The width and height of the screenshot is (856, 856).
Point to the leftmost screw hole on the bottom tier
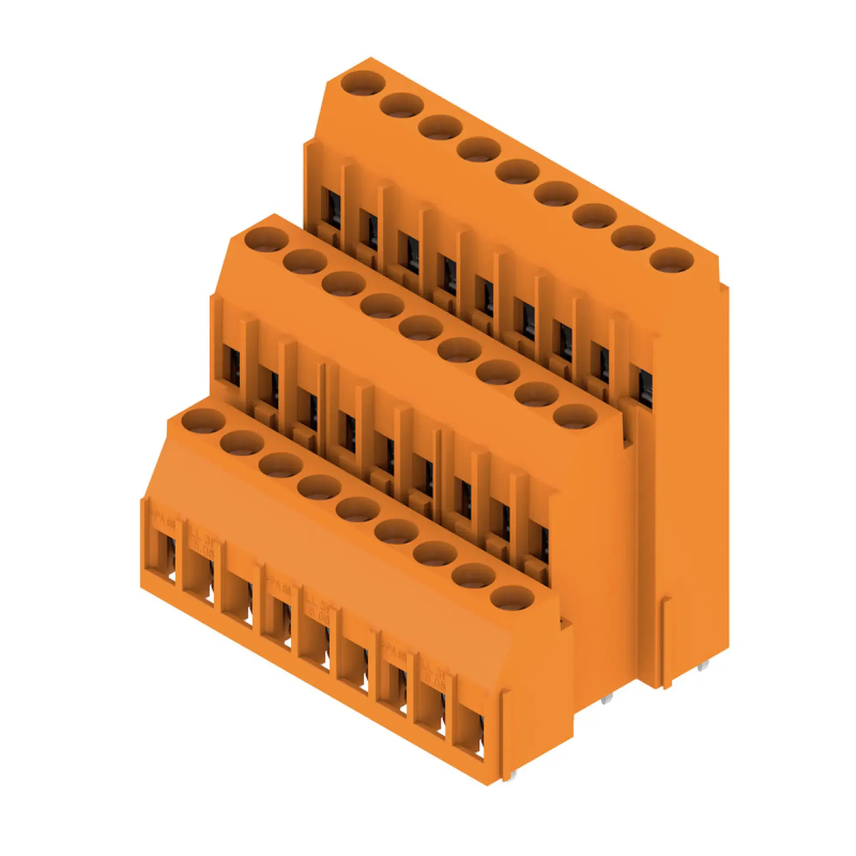(203, 420)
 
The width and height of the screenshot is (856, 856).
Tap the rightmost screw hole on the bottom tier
(513, 597)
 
